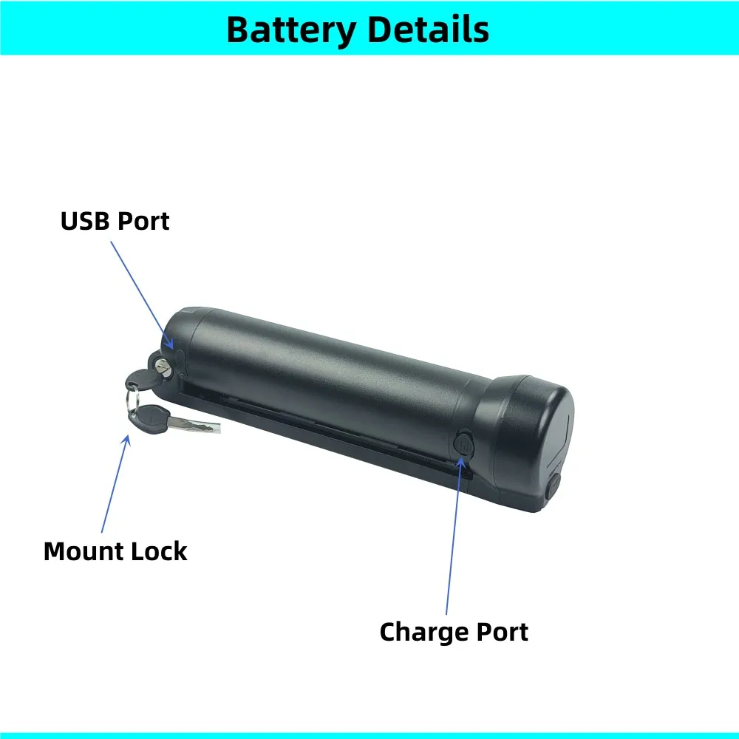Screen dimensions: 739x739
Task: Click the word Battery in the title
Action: pyautogui.click(x=290, y=30)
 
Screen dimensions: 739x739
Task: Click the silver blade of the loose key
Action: pyautogui.click(x=197, y=426)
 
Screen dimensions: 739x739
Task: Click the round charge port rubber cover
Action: pyautogui.click(x=463, y=444)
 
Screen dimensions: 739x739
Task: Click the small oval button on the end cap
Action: pyautogui.click(x=554, y=488)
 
